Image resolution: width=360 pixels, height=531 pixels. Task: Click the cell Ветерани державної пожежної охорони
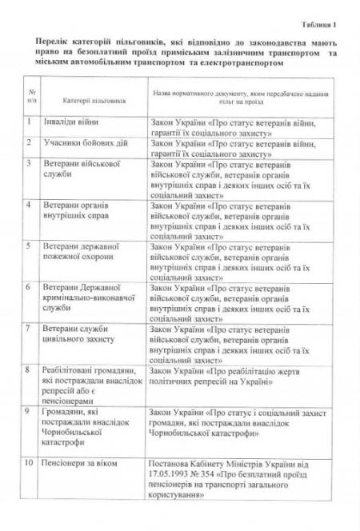79,250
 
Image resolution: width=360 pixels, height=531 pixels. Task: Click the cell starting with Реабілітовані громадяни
88,382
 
